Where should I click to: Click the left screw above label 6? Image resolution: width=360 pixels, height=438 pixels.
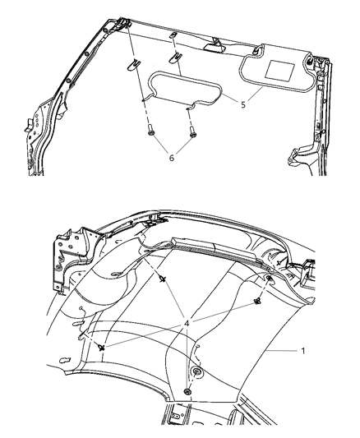[x=152, y=129]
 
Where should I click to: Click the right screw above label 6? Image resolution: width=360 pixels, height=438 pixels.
[x=191, y=129]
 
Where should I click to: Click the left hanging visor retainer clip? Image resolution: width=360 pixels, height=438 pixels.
[x=136, y=62]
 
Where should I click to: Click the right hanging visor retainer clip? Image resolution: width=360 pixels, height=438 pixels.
[x=176, y=58]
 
